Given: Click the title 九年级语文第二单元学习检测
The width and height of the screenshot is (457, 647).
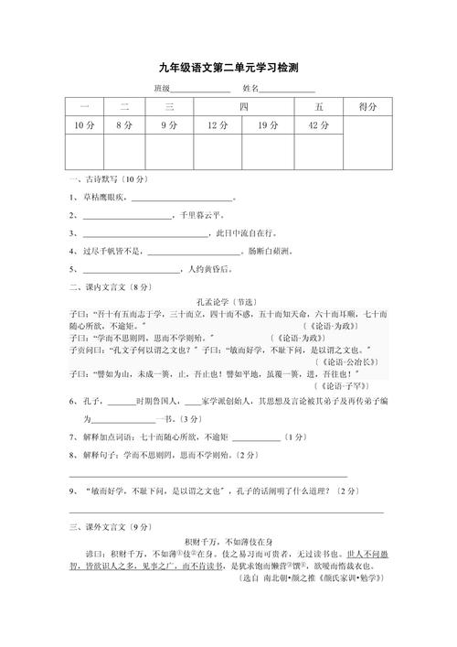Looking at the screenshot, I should [x=228, y=68].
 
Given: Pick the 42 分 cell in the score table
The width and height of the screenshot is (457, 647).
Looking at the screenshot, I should [x=319, y=124].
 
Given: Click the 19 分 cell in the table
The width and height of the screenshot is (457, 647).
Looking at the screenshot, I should [x=268, y=124].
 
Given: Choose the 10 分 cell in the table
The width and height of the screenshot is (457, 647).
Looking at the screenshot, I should [x=85, y=124].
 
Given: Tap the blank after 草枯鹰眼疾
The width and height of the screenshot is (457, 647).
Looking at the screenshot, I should [x=182, y=199].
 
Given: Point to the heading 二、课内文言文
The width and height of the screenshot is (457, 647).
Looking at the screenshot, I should [x=102, y=287].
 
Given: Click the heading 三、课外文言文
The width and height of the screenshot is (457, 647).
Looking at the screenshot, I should [x=102, y=528].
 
